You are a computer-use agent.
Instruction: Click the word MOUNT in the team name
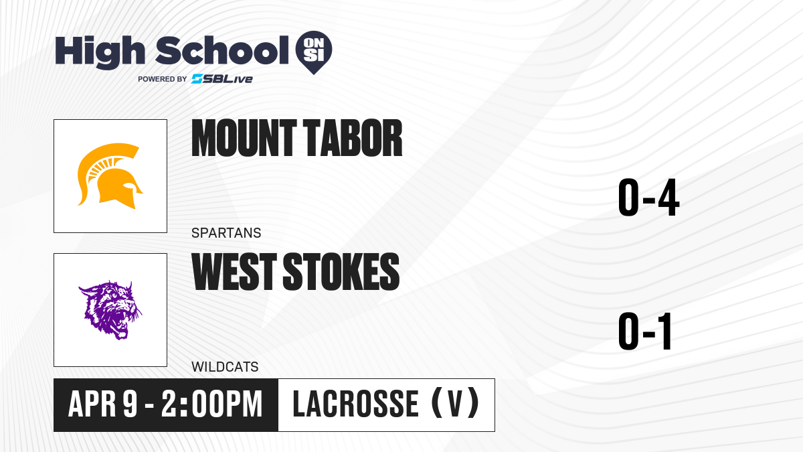(x=244, y=138)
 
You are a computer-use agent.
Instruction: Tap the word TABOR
(x=353, y=138)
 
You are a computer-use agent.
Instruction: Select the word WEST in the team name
(x=234, y=272)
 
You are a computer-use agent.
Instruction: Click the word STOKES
(x=341, y=272)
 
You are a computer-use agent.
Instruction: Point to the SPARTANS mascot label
(x=226, y=233)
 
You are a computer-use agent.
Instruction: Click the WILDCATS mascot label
(x=225, y=367)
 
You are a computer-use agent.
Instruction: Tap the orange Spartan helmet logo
(x=110, y=175)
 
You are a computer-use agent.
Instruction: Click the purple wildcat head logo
(x=110, y=310)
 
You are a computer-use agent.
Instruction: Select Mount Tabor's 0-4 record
(x=648, y=198)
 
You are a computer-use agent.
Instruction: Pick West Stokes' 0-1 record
(x=645, y=331)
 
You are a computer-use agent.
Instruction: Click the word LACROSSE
(x=355, y=404)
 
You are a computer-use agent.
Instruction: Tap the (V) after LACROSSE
(x=455, y=403)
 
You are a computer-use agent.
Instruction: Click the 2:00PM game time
(x=212, y=404)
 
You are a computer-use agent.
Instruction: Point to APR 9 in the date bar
(x=103, y=404)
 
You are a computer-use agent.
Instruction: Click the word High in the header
(x=100, y=52)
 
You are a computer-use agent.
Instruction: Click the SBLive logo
(x=222, y=79)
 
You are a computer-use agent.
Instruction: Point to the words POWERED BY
(x=163, y=79)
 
